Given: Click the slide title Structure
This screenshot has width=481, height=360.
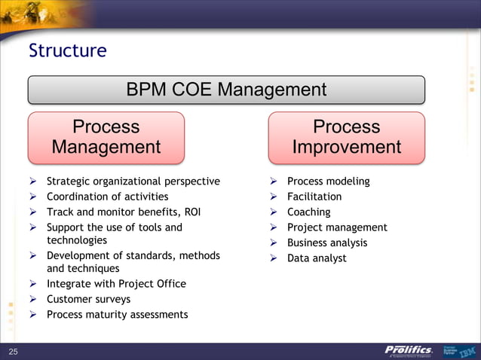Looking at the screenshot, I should [67, 51].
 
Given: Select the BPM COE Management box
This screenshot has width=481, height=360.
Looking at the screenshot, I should [226, 90].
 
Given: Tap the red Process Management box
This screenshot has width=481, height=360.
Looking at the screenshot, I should [106, 137].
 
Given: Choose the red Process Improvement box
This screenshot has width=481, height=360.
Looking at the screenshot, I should [346, 137].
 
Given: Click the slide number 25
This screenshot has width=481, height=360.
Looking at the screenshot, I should [13, 352].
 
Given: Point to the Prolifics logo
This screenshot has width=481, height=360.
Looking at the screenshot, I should [408, 350].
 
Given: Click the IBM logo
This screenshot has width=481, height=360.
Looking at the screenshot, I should [467, 351].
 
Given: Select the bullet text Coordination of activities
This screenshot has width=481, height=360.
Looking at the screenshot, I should [107, 197].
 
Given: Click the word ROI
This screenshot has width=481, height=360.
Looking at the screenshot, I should [191, 212].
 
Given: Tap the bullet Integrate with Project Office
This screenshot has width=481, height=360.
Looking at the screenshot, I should [116, 284].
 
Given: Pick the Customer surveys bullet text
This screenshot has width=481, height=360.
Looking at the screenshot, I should [88, 299].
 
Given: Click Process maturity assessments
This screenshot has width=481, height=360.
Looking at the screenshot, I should [117, 314].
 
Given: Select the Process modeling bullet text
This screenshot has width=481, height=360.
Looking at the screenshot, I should [328, 182].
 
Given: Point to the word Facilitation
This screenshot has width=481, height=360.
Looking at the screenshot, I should [314, 197].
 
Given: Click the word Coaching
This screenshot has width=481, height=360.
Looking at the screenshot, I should [308, 212].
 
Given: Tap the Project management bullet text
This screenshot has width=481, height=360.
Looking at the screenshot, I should [337, 227].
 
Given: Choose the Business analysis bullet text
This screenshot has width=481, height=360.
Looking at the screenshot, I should [327, 243].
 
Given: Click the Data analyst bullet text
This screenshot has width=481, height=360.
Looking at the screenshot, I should [317, 258].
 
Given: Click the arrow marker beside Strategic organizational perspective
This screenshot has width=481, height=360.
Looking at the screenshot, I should [34, 182].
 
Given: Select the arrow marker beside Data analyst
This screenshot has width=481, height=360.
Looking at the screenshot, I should [274, 258].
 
